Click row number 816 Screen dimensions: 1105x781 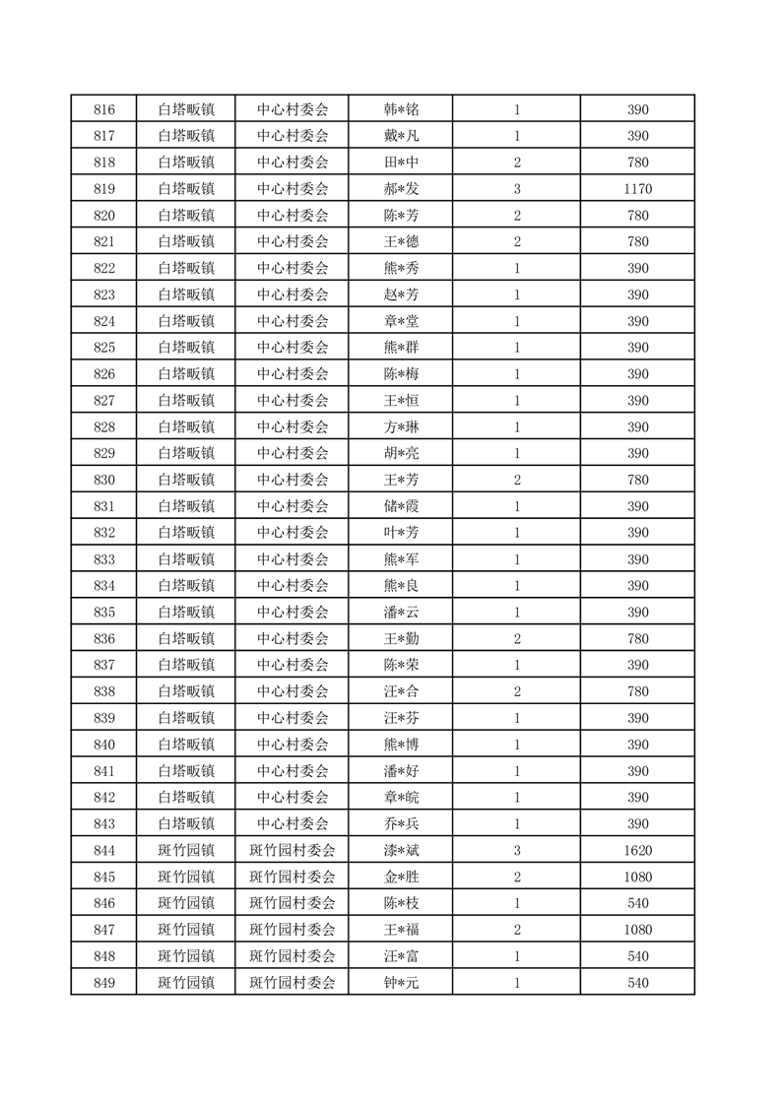pyautogui.click(x=103, y=109)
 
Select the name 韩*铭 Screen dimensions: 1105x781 pyautogui.click(x=401, y=109)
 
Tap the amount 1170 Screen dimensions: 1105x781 pyautogui.click(x=637, y=189)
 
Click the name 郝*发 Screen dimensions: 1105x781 pyautogui.click(x=401, y=189)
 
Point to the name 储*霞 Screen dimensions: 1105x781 pyautogui.click(x=401, y=506)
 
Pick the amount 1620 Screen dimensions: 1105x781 pyautogui.click(x=637, y=850)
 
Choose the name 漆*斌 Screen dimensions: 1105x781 pyautogui.click(x=401, y=850)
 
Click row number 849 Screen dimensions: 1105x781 pyautogui.click(x=103, y=982)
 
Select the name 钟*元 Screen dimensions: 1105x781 pyautogui.click(x=401, y=982)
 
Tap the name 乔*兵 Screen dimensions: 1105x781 pyautogui.click(x=401, y=823)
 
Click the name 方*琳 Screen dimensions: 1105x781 pyautogui.click(x=401, y=426)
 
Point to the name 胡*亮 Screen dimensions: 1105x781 pyautogui.click(x=401, y=453)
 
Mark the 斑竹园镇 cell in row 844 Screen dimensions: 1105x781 pyautogui.click(x=186, y=850)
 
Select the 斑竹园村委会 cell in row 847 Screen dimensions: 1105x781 pyautogui.click(x=293, y=929)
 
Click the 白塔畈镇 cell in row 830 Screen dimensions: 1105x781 pyautogui.click(x=186, y=480)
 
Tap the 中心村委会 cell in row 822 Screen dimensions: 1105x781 pyautogui.click(x=293, y=268)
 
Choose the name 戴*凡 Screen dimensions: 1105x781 pyautogui.click(x=401, y=136)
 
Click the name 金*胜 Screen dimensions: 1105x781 pyautogui.click(x=401, y=877)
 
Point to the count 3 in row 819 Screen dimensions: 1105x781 pyautogui.click(x=517, y=189)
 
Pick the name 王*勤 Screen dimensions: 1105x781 pyautogui.click(x=401, y=638)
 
